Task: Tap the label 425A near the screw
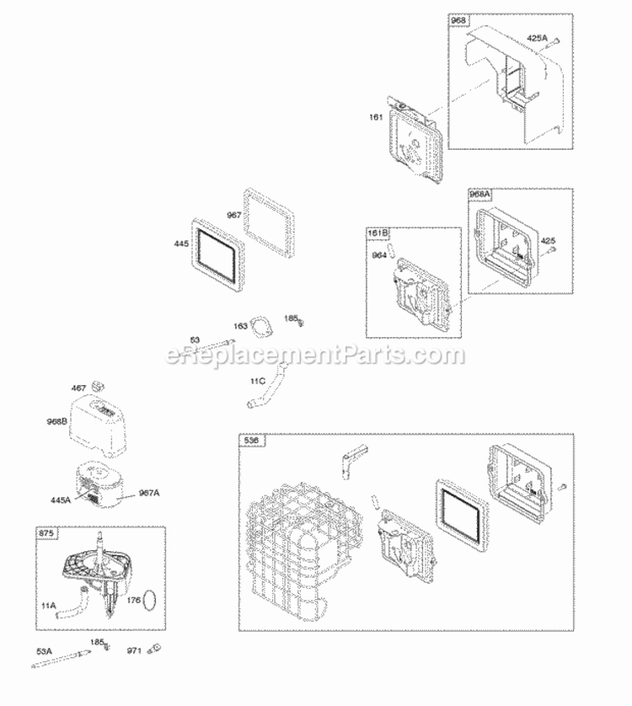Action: pyautogui.click(x=537, y=38)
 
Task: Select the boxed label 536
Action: pyautogui.click(x=252, y=441)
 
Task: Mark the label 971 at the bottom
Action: pyautogui.click(x=135, y=673)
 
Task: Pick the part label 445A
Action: pyautogui.click(x=59, y=500)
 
